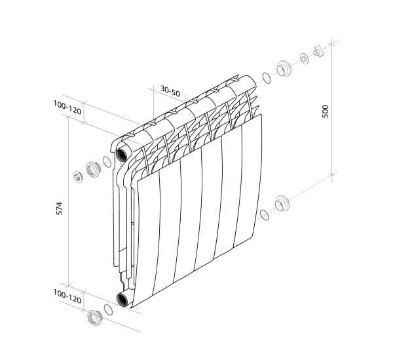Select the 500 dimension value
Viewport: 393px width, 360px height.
pos(326,111)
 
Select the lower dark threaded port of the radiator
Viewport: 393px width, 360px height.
pos(123,300)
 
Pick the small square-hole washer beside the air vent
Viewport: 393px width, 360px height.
pos(305,59)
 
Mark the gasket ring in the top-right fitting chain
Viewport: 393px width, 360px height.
pos(266,79)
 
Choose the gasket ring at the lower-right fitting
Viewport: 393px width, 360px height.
pos(265,215)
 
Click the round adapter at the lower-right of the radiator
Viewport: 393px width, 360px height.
pos(282,204)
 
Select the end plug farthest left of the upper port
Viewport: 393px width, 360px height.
pos(77,176)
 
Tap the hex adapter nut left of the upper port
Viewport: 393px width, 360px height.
pos(92,168)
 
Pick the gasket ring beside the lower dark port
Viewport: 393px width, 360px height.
pos(107,309)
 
